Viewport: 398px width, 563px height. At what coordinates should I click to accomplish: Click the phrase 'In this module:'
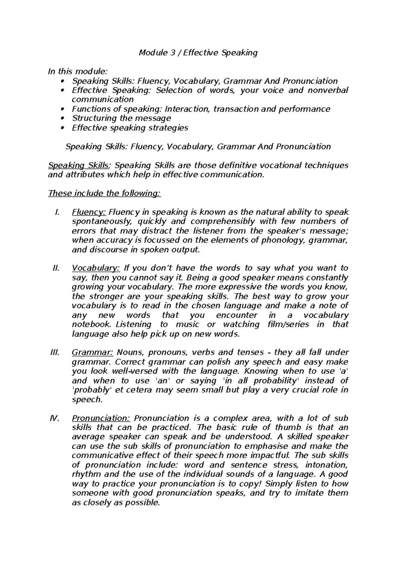pyautogui.click(x=78, y=71)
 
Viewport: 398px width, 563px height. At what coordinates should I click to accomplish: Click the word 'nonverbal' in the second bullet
pyautogui.click(x=328, y=90)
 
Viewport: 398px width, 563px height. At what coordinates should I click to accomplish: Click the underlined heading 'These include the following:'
pyautogui.click(x=104, y=193)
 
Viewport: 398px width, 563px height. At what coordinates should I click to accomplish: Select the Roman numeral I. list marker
pyautogui.click(x=56, y=212)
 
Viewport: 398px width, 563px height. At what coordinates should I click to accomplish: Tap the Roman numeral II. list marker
pyautogui.click(x=55, y=268)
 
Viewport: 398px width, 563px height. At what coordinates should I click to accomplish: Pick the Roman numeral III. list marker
pyautogui.click(x=54, y=353)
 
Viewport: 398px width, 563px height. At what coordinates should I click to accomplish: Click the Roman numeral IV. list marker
pyautogui.click(x=54, y=418)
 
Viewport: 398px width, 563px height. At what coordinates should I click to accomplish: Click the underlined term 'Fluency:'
pyautogui.click(x=89, y=212)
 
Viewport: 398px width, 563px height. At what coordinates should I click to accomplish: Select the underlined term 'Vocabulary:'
pyautogui.click(x=96, y=268)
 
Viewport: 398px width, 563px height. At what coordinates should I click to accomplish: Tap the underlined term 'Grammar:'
pyautogui.click(x=93, y=353)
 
